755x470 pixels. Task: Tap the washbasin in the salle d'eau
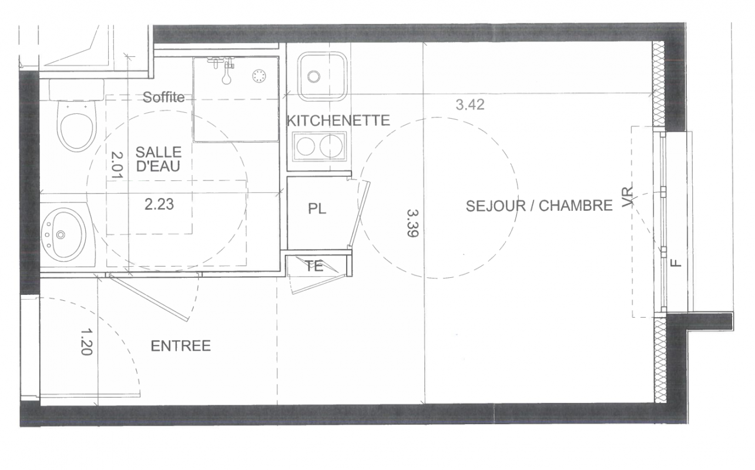(63, 234)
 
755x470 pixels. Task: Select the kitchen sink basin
(322, 76)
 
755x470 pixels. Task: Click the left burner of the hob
(306, 146)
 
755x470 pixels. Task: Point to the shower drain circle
(259, 76)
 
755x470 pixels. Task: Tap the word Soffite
(163, 98)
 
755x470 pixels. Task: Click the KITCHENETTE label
(338, 120)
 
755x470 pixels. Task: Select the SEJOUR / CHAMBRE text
(539, 206)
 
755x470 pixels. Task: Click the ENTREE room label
(180, 346)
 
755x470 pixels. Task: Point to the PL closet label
(317, 209)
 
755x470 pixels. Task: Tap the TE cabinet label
(314, 266)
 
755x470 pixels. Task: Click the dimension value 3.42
(470, 105)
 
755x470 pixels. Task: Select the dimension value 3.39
(412, 223)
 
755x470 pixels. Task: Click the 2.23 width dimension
(159, 204)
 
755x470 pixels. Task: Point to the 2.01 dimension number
(117, 164)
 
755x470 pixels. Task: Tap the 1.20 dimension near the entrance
(86, 342)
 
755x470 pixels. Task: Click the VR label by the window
(628, 197)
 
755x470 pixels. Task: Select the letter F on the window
(676, 263)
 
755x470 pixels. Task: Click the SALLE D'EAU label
(159, 159)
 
